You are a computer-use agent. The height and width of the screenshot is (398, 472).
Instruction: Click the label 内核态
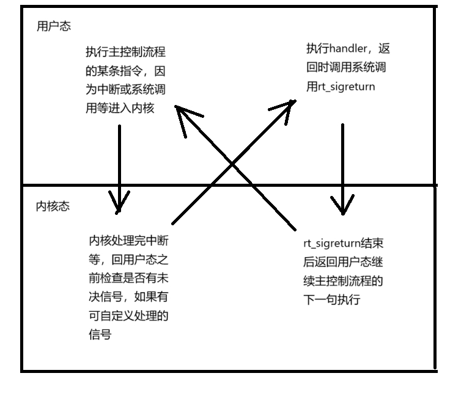coord(53,206)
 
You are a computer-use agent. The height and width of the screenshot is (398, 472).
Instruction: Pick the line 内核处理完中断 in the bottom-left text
coord(128,239)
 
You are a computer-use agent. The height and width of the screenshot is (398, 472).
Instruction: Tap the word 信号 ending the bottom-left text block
coord(100,335)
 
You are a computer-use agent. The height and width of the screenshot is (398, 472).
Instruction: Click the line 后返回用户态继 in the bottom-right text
coord(343,262)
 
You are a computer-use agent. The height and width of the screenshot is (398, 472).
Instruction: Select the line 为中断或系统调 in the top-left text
coord(124,90)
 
